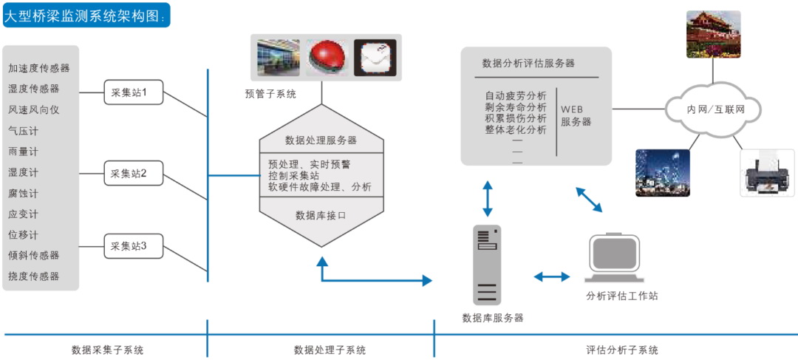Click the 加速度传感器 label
39,68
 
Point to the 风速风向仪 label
34,109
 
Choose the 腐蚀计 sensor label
23,193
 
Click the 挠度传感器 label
34,276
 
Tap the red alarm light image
326,58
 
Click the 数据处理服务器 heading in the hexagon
321,140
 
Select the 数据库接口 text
321,215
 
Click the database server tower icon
487,265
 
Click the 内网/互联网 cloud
713,109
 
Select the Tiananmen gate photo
713,34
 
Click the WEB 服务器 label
576,115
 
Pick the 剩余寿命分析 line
516,107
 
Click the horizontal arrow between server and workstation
552,276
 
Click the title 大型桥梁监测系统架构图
86,16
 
